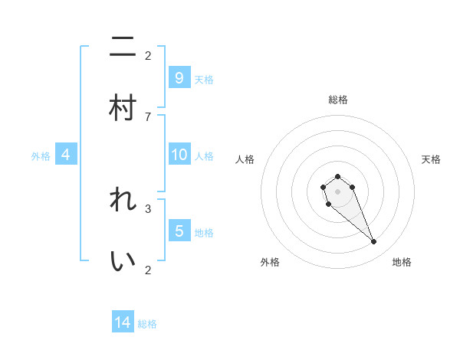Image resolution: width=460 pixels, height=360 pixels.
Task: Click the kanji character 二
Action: (123, 48)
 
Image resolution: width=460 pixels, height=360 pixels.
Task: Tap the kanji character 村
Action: (123, 107)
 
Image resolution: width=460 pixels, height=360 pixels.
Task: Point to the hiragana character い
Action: (123, 260)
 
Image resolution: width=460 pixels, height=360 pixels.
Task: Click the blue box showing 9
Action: (179, 77)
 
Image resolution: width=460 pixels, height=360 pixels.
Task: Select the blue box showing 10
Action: (179, 155)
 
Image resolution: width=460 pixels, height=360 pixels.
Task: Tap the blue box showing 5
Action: (179, 231)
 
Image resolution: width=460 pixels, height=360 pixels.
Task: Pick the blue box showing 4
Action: (66, 155)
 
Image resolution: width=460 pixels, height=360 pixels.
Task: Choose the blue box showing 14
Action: (123, 322)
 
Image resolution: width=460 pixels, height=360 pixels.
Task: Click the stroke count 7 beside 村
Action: (148, 116)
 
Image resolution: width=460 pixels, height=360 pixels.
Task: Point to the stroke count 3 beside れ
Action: (148, 208)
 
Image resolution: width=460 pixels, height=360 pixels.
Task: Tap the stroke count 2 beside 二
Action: (148, 55)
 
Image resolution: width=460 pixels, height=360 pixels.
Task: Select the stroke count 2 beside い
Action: (148, 269)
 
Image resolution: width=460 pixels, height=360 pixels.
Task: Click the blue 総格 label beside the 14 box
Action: (147, 324)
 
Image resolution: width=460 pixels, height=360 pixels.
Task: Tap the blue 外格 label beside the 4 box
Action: (41, 156)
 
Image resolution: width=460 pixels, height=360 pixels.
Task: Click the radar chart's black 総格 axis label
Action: (337, 100)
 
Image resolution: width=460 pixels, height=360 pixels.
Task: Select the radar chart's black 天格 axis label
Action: (431, 159)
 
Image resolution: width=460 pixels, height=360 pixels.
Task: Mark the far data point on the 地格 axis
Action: (374, 242)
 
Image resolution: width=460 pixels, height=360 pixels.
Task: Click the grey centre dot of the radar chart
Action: (337, 191)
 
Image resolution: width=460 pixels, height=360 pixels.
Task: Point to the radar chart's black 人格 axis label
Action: (245, 159)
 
